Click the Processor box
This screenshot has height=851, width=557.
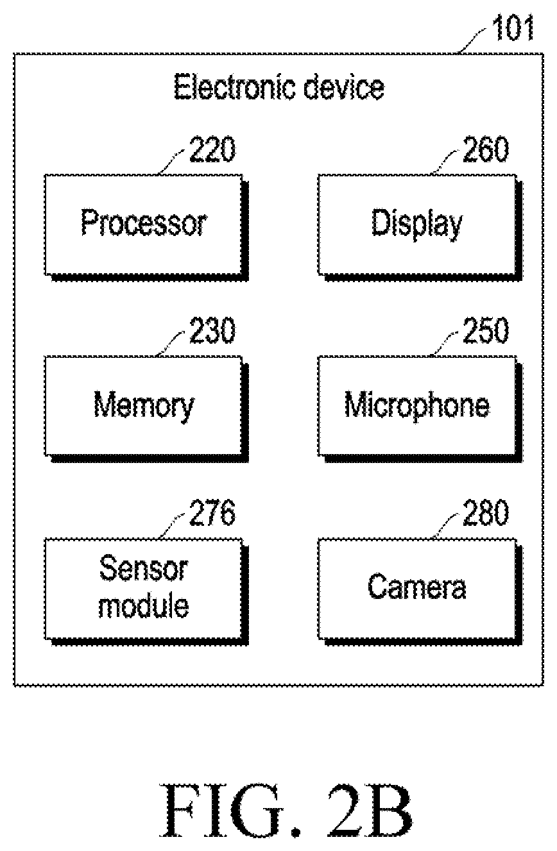pos(146,227)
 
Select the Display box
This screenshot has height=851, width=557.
pos(420,227)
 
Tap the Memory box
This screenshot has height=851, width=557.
pos(146,409)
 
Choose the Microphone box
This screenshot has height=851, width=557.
pos(420,409)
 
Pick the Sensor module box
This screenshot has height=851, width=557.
pos(146,591)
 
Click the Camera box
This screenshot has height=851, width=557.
pos(420,591)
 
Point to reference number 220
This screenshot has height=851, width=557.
pos(212,149)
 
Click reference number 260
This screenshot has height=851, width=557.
pos(486,149)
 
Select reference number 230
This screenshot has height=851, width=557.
pos(212,330)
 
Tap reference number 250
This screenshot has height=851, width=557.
pos(486,330)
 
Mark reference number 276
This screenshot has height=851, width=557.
pos(212,512)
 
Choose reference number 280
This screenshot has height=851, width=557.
pos(486,512)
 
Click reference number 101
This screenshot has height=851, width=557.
pos(513,28)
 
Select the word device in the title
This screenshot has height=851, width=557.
pos(345,87)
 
